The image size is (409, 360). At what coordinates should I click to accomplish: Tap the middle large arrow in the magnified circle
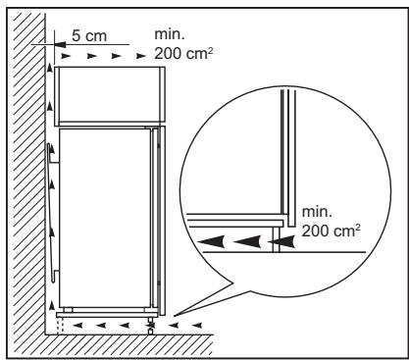[x=246, y=237]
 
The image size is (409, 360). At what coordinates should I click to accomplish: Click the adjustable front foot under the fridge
[x=151, y=323]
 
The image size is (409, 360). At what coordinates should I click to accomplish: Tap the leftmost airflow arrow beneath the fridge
[x=67, y=319]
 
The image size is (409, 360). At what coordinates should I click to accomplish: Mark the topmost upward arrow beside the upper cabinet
[x=45, y=70]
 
